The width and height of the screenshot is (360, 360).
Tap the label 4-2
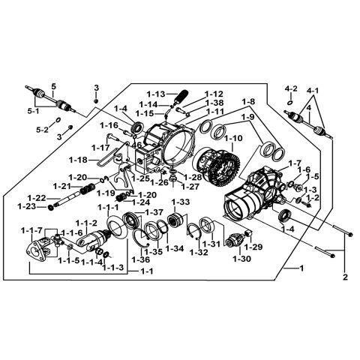click(x=291, y=88)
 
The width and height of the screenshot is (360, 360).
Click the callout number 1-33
click(x=180, y=202)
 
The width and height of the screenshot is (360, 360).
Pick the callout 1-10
click(x=233, y=139)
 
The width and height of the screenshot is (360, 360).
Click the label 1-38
click(x=214, y=102)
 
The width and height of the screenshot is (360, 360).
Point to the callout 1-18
click(x=98, y=160)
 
